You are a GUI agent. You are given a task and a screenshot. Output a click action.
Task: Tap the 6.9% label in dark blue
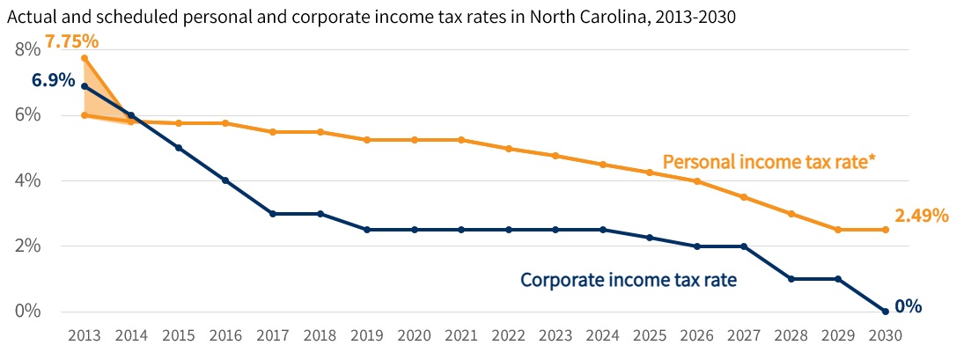click(54, 80)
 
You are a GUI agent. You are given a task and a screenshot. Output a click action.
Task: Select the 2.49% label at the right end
click(921, 216)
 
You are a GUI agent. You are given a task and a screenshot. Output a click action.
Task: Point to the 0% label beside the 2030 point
click(908, 306)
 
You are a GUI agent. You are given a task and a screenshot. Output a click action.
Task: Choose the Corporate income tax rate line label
click(628, 280)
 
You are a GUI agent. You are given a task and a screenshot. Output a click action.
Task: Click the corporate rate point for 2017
click(273, 214)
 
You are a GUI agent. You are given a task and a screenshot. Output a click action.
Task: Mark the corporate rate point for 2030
click(886, 312)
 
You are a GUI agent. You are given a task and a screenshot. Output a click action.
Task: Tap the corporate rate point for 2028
click(791, 279)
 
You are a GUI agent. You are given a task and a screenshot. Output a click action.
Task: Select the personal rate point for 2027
click(744, 197)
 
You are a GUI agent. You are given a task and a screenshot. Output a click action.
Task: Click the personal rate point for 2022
click(509, 149)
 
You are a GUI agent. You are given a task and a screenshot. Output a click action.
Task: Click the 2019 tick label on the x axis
click(367, 335)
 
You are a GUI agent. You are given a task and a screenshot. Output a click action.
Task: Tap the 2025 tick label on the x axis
click(650, 335)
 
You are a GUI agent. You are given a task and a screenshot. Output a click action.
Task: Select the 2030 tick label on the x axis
click(886, 335)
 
